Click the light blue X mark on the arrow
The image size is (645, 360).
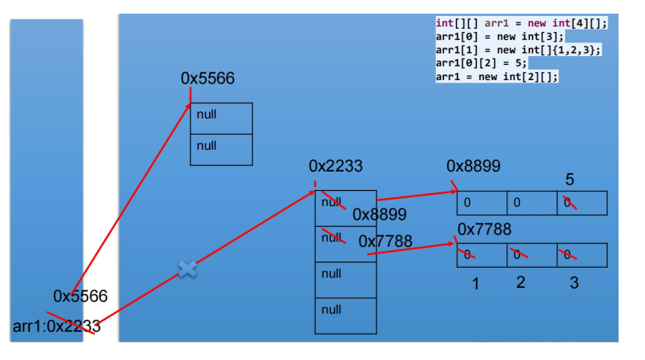[x=187, y=269]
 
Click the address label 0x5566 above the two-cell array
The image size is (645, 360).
[x=208, y=79]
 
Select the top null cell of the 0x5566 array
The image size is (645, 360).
[x=221, y=118]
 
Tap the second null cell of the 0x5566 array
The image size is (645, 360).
[x=221, y=149]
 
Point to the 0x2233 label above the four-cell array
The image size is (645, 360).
[x=336, y=167]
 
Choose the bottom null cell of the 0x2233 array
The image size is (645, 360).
[x=345, y=315]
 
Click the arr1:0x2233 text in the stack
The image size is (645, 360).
[x=57, y=326]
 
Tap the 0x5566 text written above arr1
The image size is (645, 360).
[x=80, y=296]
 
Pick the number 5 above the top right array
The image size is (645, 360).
[x=570, y=180]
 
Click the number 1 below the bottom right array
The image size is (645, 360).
[x=475, y=284]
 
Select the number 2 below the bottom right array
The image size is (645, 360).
[x=521, y=282]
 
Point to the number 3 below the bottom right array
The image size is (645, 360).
[x=574, y=283]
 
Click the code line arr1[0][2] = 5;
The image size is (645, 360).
[x=482, y=63]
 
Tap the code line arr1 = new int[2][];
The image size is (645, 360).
[x=497, y=76]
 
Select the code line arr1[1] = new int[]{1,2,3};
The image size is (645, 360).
[x=518, y=50]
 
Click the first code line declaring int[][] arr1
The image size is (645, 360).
[x=522, y=23]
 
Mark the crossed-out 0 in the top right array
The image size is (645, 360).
[x=569, y=203]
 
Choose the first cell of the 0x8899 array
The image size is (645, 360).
[x=481, y=203]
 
